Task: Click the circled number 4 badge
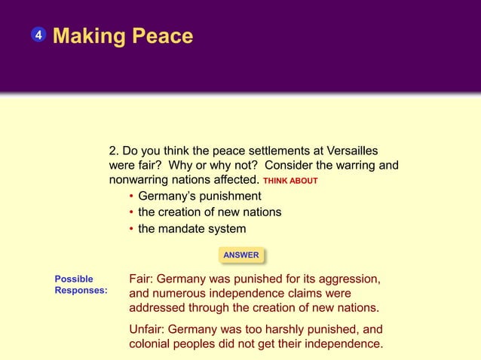tap(38, 35)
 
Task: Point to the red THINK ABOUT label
tap(290, 182)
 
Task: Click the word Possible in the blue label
tap(74, 279)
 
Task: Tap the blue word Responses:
tap(81, 290)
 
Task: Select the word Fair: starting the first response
tap(145, 279)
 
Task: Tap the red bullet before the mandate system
tap(131, 229)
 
